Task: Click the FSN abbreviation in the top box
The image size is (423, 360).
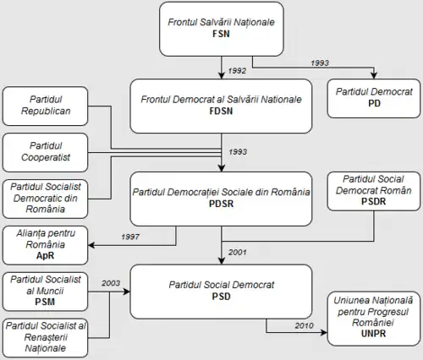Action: [x=221, y=34]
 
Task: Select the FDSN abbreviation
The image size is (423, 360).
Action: [x=221, y=111]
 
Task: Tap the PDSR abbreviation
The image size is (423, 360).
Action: [x=221, y=204]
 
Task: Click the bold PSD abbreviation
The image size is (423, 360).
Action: [x=221, y=297]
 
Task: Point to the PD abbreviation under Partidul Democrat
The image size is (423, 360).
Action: [x=374, y=103]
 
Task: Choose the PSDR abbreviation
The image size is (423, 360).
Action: [x=374, y=201]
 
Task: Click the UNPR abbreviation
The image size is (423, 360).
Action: [x=373, y=334]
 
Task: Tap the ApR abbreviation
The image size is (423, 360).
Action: [x=45, y=255]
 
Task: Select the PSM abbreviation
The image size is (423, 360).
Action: [x=45, y=302]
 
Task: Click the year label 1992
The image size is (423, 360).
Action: [x=237, y=71]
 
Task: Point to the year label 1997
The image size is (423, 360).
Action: [x=130, y=237]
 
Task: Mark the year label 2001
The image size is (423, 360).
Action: [x=238, y=252]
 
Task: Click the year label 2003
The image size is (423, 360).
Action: [x=111, y=283]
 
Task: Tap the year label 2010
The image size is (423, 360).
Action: [x=305, y=325]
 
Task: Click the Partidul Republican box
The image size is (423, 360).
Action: [x=45, y=106]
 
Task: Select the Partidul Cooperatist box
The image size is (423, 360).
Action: [x=45, y=152]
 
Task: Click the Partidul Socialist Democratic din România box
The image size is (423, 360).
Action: [x=45, y=199]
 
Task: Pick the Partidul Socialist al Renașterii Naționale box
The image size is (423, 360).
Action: [x=45, y=338]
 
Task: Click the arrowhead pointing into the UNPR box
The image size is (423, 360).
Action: [x=325, y=332]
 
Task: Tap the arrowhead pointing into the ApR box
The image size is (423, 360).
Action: [x=91, y=245]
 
